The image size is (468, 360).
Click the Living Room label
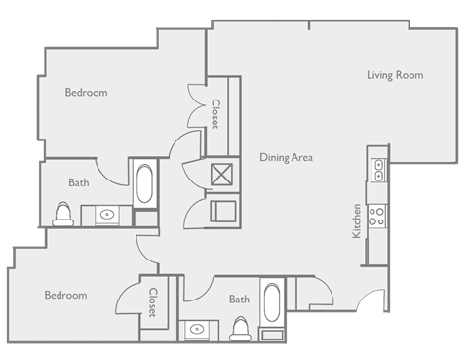click(x=395, y=75)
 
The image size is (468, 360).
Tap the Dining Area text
click(x=286, y=156)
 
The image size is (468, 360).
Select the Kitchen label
click(x=358, y=221)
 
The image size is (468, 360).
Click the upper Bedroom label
click(x=86, y=93)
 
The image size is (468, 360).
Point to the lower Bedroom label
click(x=65, y=295)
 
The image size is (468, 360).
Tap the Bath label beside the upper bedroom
click(x=79, y=182)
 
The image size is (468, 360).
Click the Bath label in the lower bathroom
click(x=240, y=300)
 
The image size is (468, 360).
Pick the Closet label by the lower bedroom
click(x=152, y=302)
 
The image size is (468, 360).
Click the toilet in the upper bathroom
click(x=64, y=215)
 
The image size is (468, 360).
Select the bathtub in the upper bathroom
click(x=144, y=183)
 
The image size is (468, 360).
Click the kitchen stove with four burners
click(x=376, y=215)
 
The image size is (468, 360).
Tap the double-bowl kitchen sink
click(x=376, y=171)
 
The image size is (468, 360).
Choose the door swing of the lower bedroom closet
click(x=127, y=292)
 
